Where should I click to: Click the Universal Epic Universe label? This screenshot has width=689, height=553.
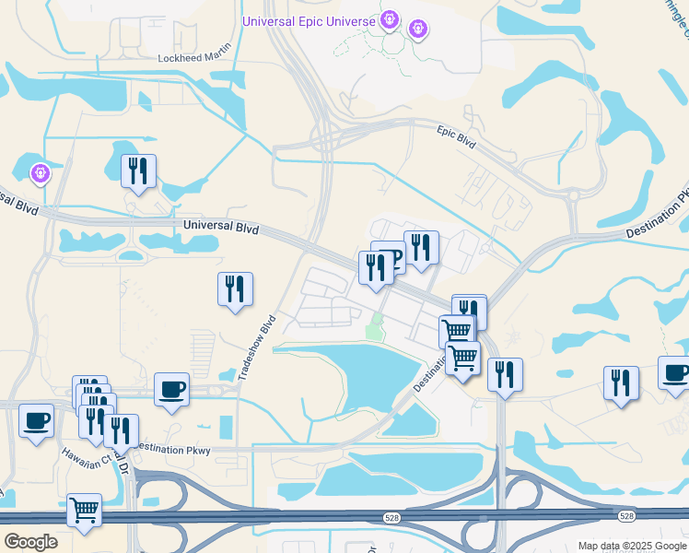[309, 21]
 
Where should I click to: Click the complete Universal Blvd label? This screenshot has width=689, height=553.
[221, 227]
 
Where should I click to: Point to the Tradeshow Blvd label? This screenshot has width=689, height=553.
[258, 349]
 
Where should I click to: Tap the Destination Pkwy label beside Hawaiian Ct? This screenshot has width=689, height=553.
[171, 451]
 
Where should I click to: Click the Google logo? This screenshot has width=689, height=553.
[30, 542]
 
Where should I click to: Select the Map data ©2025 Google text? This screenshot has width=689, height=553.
[631, 546]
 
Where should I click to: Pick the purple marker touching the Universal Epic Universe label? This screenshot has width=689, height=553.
[390, 18]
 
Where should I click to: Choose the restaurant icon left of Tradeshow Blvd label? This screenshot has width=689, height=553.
[235, 289]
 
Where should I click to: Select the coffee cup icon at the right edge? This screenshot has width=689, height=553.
[675, 373]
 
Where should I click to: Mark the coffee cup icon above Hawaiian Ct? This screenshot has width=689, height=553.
[36, 421]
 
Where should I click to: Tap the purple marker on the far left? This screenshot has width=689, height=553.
[40, 171]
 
